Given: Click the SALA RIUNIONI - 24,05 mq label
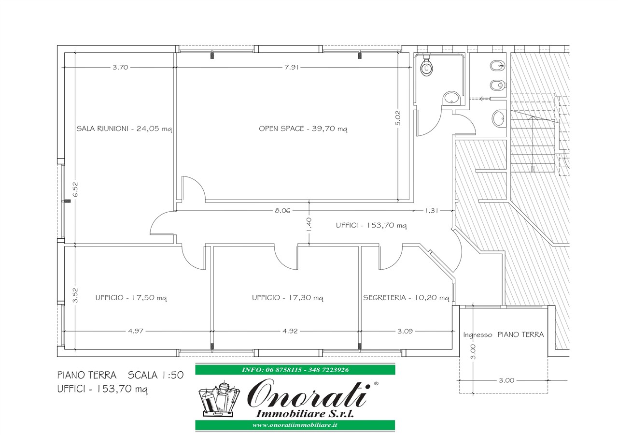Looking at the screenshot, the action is pos(124,129).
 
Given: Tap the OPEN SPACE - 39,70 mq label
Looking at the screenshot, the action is pos(303,129).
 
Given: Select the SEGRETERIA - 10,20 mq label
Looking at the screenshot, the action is pos(406,298).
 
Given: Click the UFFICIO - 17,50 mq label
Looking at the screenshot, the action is pos(131,298).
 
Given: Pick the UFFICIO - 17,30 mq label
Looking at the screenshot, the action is pos(287,298).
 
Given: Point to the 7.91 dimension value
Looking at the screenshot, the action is pos(292,67).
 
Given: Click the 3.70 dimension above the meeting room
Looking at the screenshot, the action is pos(120,67).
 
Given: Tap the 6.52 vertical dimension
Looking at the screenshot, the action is pos(75,189).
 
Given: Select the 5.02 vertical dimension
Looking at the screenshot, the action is pos(398,118).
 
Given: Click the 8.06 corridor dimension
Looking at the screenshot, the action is pos(282,210).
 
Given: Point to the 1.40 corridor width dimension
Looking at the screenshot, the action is pos(309,225).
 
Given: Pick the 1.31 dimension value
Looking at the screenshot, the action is pos(431,210).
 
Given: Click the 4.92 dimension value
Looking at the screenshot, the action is pos(290,331).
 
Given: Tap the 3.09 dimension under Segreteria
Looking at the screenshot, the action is pos(405,331).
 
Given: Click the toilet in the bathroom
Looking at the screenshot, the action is pos(426,67).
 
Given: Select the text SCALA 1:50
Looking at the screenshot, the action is pos(155,375).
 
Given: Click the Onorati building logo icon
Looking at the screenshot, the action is pos(219,399).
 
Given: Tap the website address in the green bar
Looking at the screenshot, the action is pos(295,425).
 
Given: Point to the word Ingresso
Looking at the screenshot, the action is pos(478,335).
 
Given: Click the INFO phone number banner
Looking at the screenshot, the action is pos(295,370).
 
